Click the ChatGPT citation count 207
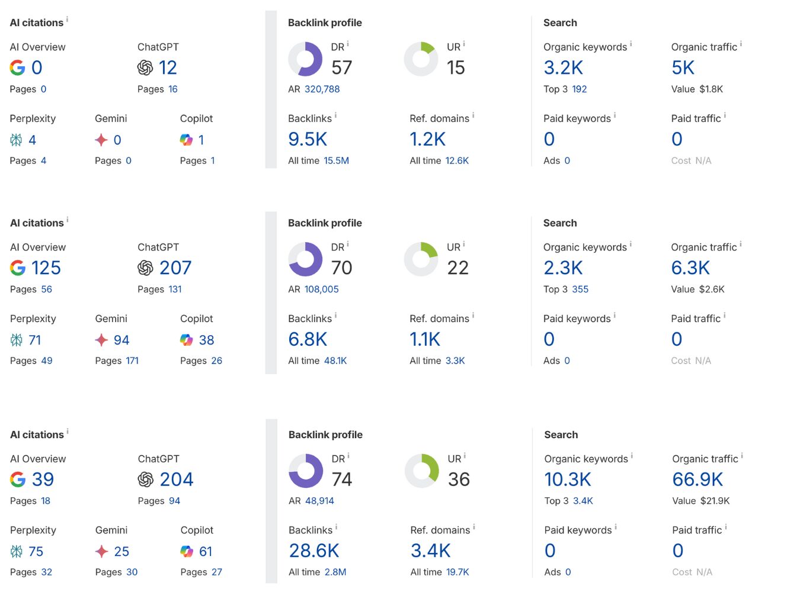pyautogui.click(x=175, y=268)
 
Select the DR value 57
pyautogui.click(x=341, y=68)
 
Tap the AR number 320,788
pyautogui.click(x=322, y=89)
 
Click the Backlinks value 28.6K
pyautogui.click(x=314, y=551)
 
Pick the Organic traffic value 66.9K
pyautogui.click(x=697, y=480)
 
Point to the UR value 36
pyautogui.click(x=459, y=480)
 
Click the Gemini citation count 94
pyautogui.click(x=121, y=340)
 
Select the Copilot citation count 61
pyautogui.click(x=206, y=552)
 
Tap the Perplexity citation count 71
pyautogui.click(x=35, y=340)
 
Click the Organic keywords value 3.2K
pyautogui.click(x=563, y=68)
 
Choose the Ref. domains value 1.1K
pyautogui.click(x=425, y=340)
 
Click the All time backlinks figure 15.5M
pyautogui.click(x=336, y=161)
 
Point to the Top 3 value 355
pyautogui.click(x=580, y=289)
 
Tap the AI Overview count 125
pyautogui.click(x=46, y=268)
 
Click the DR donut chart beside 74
pyautogui.click(x=306, y=471)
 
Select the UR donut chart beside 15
pyautogui.click(x=421, y=59)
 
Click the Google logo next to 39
pyautogui.click(x=18, y=480)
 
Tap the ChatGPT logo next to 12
pyautogui.click(x=145, y=68)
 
